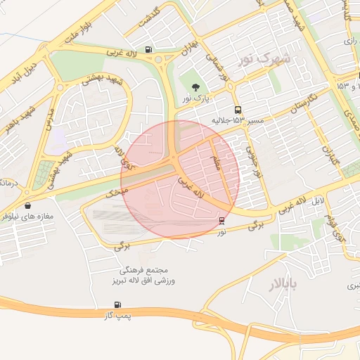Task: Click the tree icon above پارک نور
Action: pos(195,86)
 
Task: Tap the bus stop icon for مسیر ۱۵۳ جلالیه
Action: pos(238,110)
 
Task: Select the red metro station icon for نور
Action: pos(222,221)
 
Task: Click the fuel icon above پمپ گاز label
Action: pos(116,304)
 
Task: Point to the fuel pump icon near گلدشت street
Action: pos(148,49)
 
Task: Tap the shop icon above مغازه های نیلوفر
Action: pos(27,206)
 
